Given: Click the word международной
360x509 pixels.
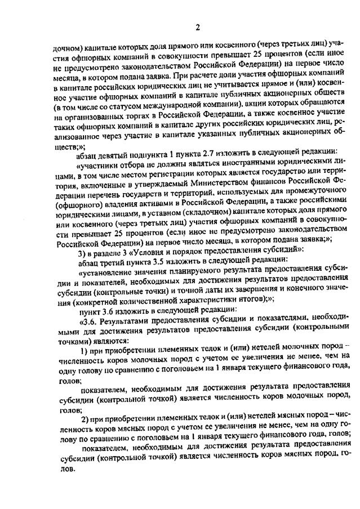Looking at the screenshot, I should point(161,105).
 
